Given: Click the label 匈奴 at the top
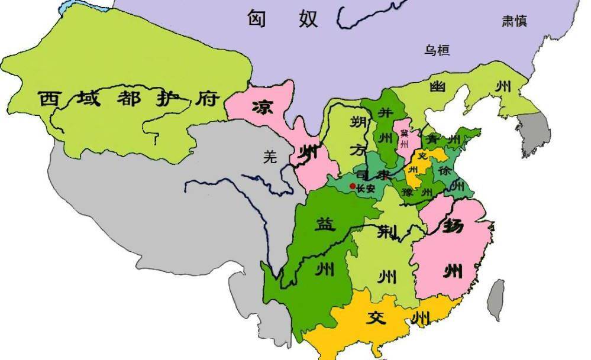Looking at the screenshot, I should tap(283, 18).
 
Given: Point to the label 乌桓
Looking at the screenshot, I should tap(437, 50).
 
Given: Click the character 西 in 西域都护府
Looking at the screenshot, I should tap(51, 98).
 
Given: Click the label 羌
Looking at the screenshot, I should tap(270, 157).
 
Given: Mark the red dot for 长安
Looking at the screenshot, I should tap(353, 186).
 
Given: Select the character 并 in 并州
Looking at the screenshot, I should tap(385, 113).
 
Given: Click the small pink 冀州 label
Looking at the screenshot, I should tap(404, 138).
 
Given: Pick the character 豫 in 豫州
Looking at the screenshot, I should tap(406, 192).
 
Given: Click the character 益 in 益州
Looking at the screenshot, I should tap(325, 225).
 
